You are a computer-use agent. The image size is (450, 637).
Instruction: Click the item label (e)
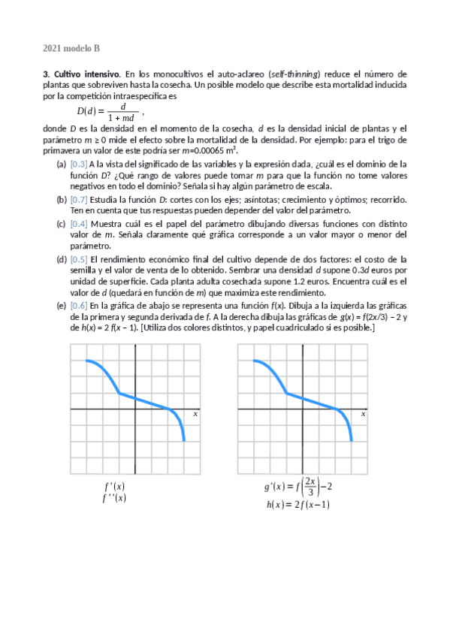tap(61, 306)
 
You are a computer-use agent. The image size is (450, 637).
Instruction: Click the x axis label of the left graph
tap(195, 414)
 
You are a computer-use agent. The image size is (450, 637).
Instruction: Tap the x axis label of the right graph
tap(363, 414)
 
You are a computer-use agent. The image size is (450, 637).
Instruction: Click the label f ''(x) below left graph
tap(114, 497)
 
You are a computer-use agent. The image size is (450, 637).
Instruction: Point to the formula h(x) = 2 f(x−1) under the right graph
tap(298, 505)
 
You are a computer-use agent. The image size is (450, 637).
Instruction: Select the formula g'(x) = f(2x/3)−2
tap(298, 487)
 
